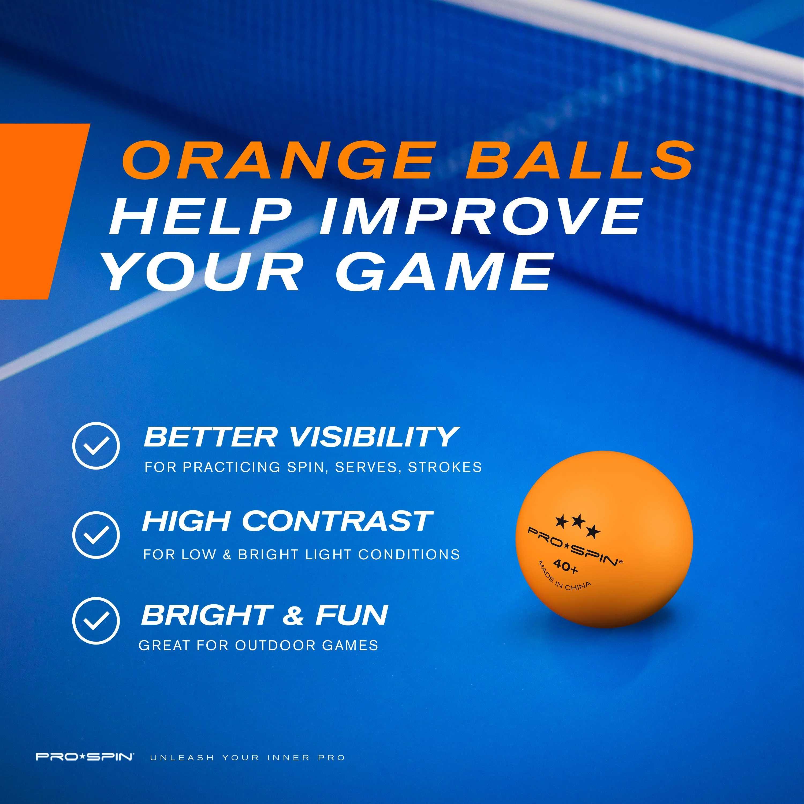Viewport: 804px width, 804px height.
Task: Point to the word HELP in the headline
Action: [200, 216]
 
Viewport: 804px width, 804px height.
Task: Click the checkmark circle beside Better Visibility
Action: [96, 446]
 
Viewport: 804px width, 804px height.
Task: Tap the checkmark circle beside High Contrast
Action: [96, 534]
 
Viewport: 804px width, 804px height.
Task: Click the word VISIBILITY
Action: [373, 437]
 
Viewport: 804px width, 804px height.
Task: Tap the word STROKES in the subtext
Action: [445, 467]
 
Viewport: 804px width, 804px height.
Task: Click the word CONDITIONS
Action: [409, 555]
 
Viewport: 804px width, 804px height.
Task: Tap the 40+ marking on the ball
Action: [565, 567]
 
